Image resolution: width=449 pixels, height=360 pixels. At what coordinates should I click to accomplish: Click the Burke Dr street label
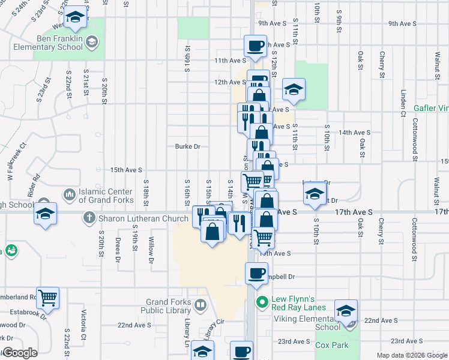(187, 146)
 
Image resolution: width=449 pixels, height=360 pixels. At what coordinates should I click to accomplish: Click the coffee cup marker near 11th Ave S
(255, 46)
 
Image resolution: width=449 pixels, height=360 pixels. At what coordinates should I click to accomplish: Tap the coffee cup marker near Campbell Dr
(256, 273)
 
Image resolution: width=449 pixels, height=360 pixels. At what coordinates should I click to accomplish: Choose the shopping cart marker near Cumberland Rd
(47, 296)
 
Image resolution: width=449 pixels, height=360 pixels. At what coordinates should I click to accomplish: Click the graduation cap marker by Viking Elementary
(346, 310)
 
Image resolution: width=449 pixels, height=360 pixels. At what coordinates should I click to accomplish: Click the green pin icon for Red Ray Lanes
(261, 301)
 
